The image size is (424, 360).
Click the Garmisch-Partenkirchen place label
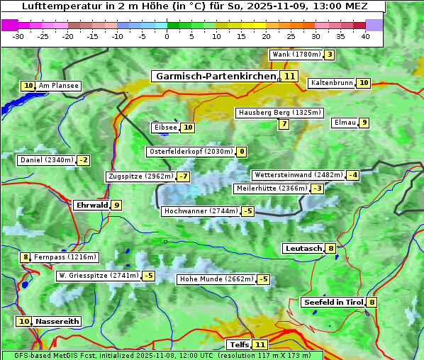click(x=215, y=76)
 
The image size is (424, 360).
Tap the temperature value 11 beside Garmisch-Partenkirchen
click(x=289, y=76)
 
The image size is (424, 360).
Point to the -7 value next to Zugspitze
click(x=183, y=176)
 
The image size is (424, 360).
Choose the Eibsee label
click(x=165, y=128)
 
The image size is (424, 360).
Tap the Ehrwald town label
click(x=91, y=206)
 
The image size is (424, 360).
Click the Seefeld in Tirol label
click(x=333, y=303)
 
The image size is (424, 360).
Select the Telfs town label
click(x=239, y=345)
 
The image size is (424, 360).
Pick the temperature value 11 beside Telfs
click(x=260, y=345)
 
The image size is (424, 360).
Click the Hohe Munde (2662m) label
click(x=216, y=279)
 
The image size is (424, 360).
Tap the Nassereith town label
click(x=57, y=321)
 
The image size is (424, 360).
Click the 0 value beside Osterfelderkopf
click(x=242, y=152)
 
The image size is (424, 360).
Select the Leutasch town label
click(x=303, y=248)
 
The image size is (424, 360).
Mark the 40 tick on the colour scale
click(x=365, y=36)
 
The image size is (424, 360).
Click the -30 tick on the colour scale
click(x=18, y=36)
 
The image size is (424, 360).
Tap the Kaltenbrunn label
click(x=331, y=83)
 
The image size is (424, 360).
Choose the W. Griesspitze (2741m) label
click(x=99, y=276)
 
